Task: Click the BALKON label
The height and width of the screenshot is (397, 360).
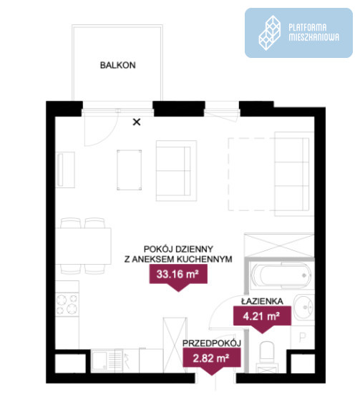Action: tap(118, 65)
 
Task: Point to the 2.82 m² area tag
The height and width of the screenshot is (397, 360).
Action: tap(212, 358)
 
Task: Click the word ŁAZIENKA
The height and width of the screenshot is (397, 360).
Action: tap(262, 301)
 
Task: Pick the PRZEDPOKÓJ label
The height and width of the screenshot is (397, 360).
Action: tap(212, 343)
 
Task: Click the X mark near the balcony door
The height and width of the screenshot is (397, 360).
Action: tap(137, 122)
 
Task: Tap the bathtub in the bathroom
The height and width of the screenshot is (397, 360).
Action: tap(282, 275)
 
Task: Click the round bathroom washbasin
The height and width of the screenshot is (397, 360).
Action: tap(303, 307)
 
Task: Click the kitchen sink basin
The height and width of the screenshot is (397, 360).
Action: tap(99, 360)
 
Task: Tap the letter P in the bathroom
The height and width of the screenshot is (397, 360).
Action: tap(302, 337)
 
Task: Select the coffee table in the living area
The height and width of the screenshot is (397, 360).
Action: tap(130, 170)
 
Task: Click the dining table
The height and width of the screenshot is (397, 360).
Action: tap(83, 246)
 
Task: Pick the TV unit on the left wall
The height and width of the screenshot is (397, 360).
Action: tap(65, 170)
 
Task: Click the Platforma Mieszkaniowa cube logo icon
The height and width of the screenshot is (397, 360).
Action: tap(270, 33)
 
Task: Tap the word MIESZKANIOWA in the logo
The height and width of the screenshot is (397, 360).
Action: tap(314, 37)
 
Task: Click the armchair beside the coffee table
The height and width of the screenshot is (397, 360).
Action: tap(176, 171)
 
